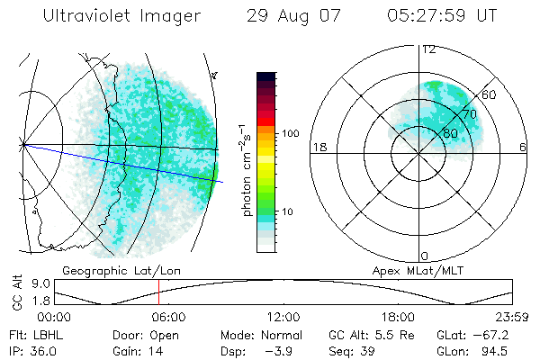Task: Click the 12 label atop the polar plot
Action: click(x=428, y=49)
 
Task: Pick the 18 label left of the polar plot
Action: click(x=318, y=147)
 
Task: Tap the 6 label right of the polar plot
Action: click(x=524, y=147)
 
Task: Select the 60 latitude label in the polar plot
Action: click(x=489, y=94)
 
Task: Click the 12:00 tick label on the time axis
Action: click(x=283, y=317)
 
